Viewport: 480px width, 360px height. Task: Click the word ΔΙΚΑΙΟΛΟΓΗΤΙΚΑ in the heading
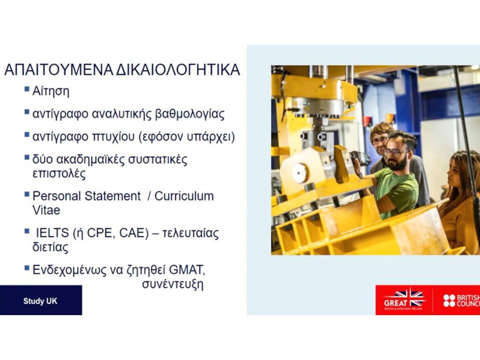[x=178, y=70]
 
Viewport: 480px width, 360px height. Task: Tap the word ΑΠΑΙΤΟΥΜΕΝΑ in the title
[x=58, y=70]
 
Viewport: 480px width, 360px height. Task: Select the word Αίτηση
[x=51, y=91]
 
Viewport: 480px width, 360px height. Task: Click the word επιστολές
[x=59, y=173]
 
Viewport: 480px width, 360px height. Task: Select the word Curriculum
[x=184, y=196]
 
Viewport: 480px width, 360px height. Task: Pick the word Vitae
[x=46, y=210]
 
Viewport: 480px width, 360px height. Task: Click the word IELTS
[x=52, y=233]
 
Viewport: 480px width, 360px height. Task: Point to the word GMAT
[x=186, y=270]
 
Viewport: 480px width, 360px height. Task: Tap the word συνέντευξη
[x=172, y=284]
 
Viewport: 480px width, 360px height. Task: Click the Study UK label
[x=40, y=301]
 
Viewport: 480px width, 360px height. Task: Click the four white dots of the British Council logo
[x=449, y=300]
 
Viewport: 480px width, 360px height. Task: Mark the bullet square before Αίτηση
[x=27, y=89]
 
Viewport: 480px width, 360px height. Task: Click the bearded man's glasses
[x=396, y=151]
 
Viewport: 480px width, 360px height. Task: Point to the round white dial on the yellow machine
[x=299, y=173]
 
